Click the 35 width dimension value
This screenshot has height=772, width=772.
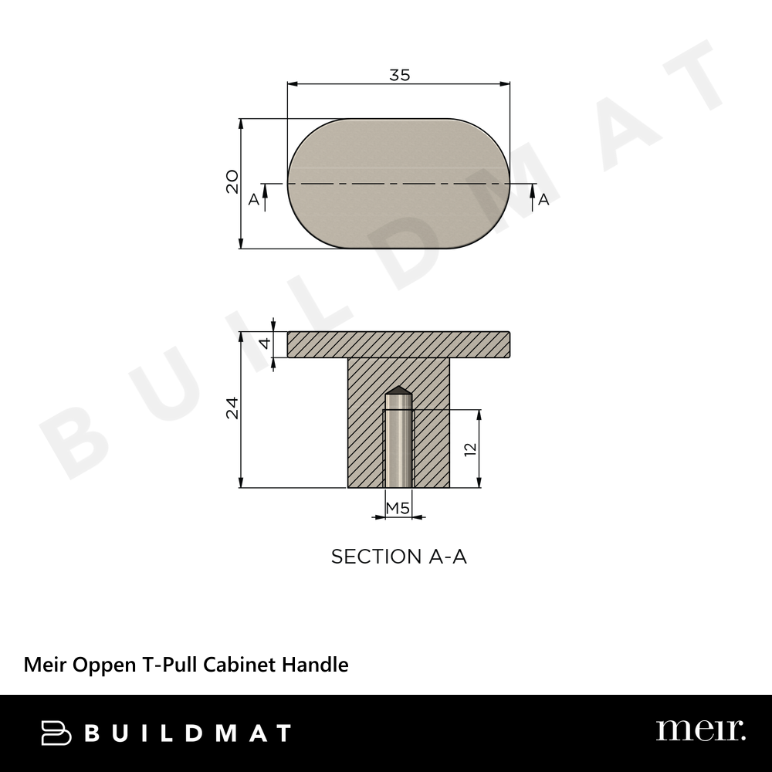pyautogui.click(x=399, y=75)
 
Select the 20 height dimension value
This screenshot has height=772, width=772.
pyautogui.click(x=232, y=181)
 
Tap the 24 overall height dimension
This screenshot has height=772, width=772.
pyautogui.click(x=232, y=408)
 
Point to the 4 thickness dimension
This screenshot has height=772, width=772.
pyautogui.click(x=266, y=344)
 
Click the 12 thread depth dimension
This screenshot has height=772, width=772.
pyautogui.click(x=471, y=449)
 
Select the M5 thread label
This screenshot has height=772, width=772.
pyautogui.click(x=398, y=508)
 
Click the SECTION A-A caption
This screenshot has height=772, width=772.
pyautogui.click(x=399, y=557)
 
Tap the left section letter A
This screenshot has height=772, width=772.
pyautogui.click(x=253, y=199)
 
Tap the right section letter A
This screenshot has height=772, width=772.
pyautogui.click(x=543, y=199)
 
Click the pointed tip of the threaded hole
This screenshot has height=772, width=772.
pyautogui.click(x=398, y=387)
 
